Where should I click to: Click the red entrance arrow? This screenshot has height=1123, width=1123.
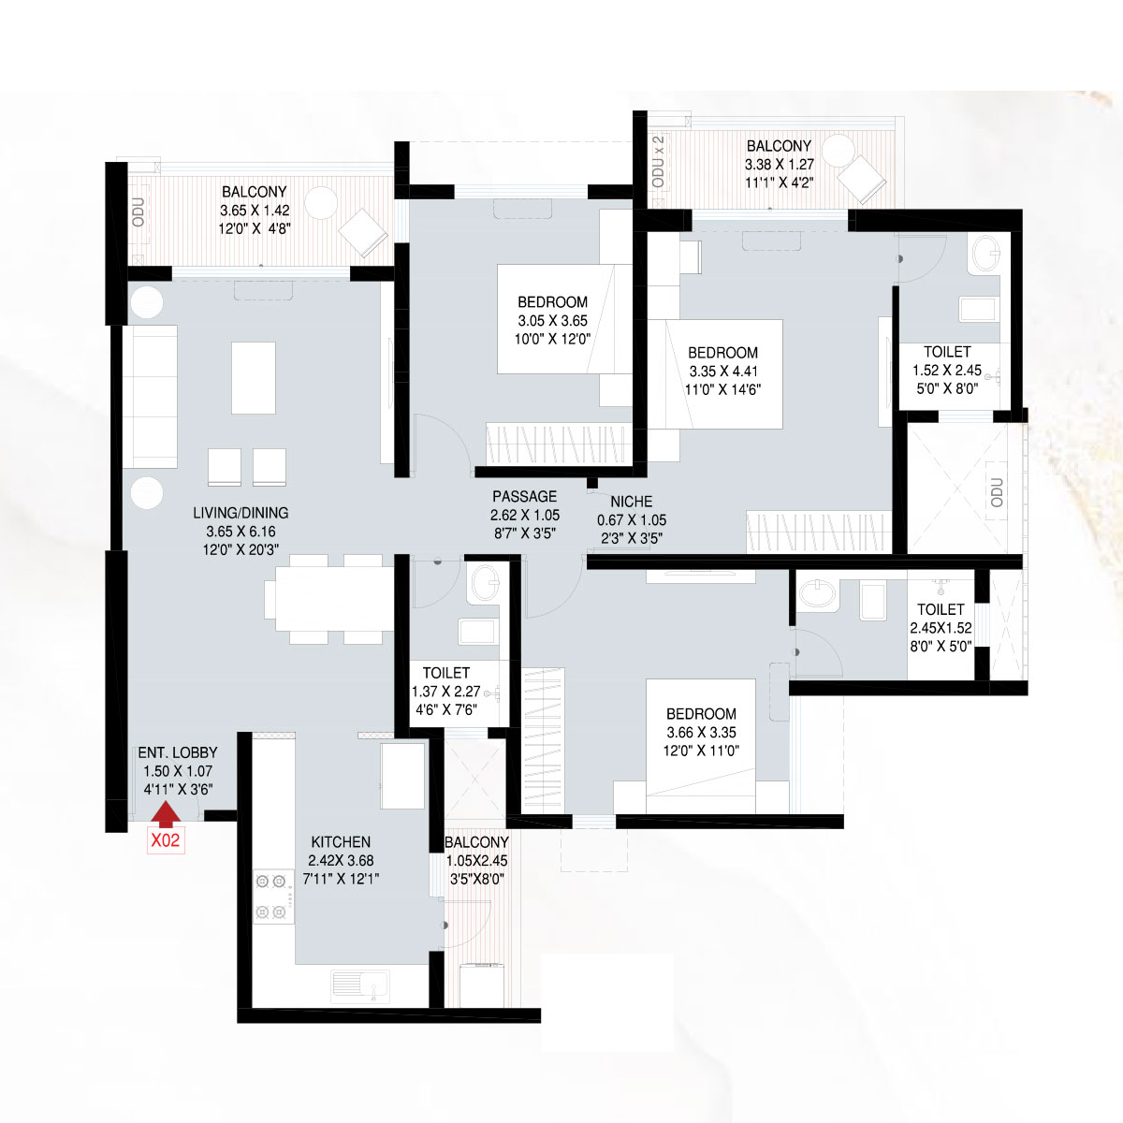pos(166,814)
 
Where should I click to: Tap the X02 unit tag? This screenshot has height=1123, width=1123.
pos(166,840)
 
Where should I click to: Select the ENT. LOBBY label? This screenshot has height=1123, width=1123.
pos(178,752)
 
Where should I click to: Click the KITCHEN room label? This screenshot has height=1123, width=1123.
pos(341,842)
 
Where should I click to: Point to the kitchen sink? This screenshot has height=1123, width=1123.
pos(360,986)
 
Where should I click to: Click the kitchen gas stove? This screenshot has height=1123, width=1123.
pos(273,897)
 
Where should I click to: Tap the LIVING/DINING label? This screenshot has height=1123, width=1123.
pos(241,513)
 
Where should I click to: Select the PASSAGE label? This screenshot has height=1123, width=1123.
pos(524,497)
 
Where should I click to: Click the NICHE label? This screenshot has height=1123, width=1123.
pos(631,502)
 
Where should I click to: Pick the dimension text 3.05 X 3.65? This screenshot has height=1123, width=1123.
pos(552,321)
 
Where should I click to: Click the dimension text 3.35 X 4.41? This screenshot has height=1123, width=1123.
pos(723,372)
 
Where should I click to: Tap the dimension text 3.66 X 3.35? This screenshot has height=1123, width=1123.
pos(701,733)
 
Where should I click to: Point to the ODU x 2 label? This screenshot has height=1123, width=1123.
pos(659,161)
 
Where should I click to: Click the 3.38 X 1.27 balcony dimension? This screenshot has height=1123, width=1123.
pos(780,165)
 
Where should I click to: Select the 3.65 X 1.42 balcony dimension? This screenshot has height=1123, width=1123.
pos(255,211)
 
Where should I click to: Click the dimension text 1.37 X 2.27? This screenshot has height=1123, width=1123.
pos(445,692)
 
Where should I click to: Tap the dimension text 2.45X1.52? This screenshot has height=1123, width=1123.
pos(941,628)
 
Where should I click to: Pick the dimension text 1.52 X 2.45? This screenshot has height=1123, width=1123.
pos(947,371)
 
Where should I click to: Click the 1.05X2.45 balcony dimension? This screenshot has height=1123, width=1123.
pos(476,861)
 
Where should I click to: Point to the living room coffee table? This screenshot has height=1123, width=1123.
pos(254,378)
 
